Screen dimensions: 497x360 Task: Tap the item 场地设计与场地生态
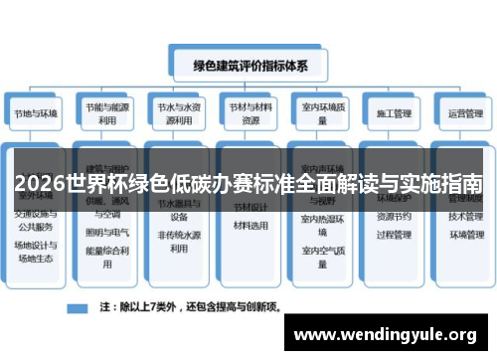[x=37, y=252]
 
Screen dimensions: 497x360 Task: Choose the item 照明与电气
[x=106, y=232]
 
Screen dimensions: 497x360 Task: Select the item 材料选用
[x=249, y=225]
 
